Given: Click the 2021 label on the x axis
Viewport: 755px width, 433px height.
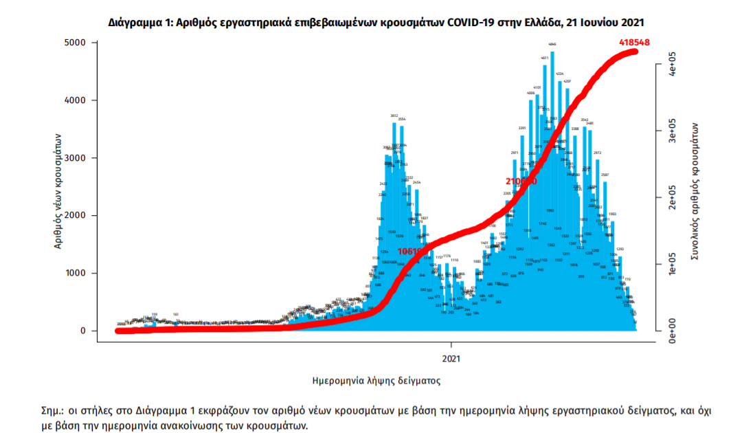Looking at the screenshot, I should pos(451,359).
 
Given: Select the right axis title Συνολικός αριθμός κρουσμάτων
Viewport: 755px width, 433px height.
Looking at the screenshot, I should pos(695,190).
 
